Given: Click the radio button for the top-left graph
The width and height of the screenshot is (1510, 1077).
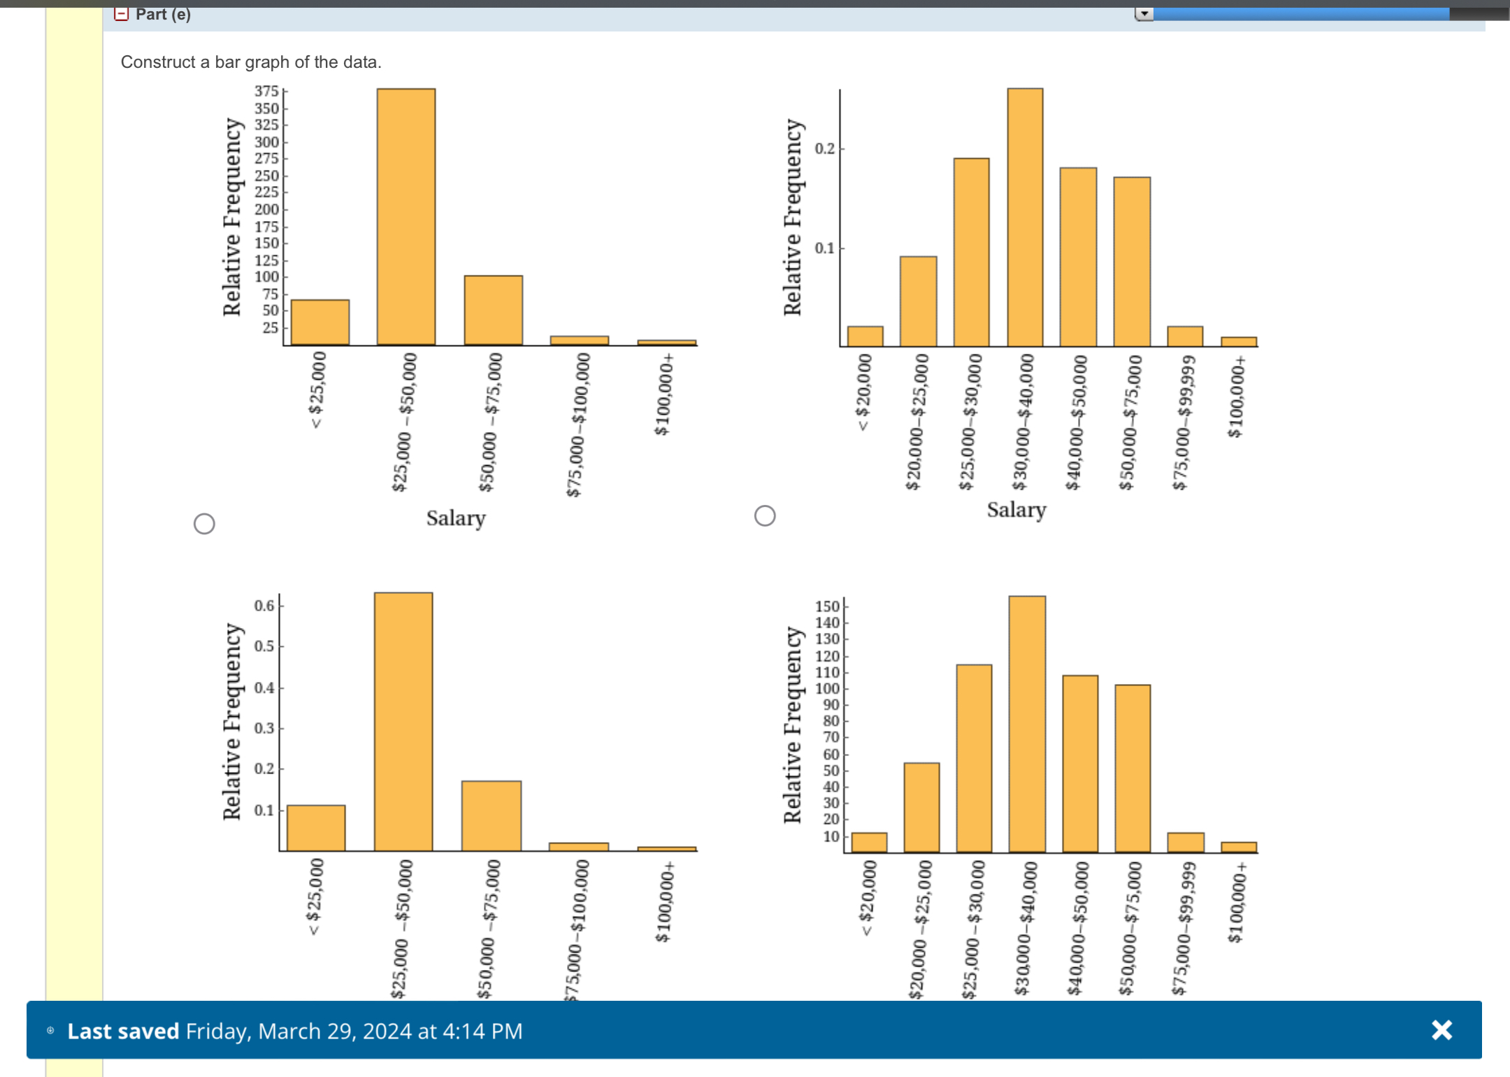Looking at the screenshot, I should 204,524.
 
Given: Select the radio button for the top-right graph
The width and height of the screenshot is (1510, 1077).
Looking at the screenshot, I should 765,516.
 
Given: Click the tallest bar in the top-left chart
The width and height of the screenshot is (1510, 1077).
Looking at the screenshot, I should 406,217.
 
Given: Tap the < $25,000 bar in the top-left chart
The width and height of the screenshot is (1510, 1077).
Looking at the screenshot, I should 320,322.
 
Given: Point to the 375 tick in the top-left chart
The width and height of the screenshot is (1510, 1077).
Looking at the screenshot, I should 266,92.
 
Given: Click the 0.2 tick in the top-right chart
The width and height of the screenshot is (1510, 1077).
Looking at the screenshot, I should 825,148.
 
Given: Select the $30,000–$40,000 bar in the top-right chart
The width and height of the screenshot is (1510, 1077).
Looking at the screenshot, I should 1025,217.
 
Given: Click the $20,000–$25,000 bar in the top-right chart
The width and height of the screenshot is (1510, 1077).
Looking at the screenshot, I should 918,301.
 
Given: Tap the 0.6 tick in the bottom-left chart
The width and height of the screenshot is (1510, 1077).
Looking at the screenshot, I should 264,606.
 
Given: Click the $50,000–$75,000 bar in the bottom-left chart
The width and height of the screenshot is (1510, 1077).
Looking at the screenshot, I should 491,815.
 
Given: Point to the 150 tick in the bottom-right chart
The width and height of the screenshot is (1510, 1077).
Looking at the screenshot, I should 827,606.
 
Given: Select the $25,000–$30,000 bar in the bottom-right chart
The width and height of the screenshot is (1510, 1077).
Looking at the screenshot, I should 974,758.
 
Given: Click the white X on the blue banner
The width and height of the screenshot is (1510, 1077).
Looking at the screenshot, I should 1441,1029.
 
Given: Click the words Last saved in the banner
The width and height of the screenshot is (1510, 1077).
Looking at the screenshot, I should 123,1031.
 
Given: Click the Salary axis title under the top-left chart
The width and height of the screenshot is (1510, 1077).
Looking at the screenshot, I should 456,518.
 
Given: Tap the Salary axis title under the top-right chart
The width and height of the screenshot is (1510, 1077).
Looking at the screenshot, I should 1016,510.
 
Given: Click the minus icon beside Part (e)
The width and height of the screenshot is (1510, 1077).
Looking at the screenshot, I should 122,14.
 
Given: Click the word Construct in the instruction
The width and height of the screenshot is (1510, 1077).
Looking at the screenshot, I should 157,62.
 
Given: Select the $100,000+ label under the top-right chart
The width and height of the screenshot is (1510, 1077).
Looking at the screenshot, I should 1236,397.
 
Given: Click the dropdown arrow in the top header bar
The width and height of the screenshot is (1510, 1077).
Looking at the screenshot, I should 1144,14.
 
